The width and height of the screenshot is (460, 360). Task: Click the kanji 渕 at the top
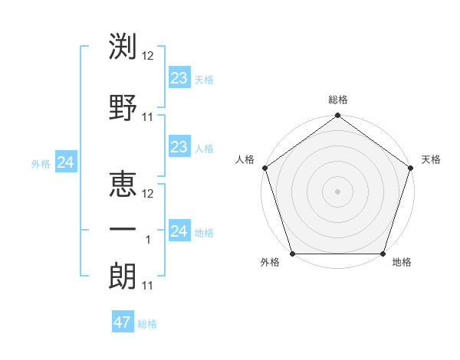pos(123,47)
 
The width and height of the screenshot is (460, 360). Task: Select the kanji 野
pos(123,106)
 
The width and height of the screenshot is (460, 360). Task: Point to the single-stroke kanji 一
pos(123,228)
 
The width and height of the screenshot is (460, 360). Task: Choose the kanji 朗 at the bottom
pos(123,274)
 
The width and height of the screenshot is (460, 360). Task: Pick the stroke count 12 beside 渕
pos(148,57)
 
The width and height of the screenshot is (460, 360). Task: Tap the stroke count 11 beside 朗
pos(148,286)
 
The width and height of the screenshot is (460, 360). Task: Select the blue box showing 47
pos(123,322)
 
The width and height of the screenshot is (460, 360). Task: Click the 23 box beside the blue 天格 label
pos(179,77)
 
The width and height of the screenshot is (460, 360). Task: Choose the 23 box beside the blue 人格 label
pos(179,147)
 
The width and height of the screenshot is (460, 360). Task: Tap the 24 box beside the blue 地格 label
pos(179,231)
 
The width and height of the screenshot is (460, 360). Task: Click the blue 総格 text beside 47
pos(147,324)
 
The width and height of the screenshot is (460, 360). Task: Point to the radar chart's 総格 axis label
pos(337,100)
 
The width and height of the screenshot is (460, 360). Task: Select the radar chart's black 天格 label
pos(431,159)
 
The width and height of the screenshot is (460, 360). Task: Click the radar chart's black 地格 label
pos(401,262)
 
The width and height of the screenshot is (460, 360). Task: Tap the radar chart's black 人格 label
pos(245,159)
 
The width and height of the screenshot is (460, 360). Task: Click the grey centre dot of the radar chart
pos(337,191)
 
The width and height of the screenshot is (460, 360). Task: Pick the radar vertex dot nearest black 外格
pos(291,254)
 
